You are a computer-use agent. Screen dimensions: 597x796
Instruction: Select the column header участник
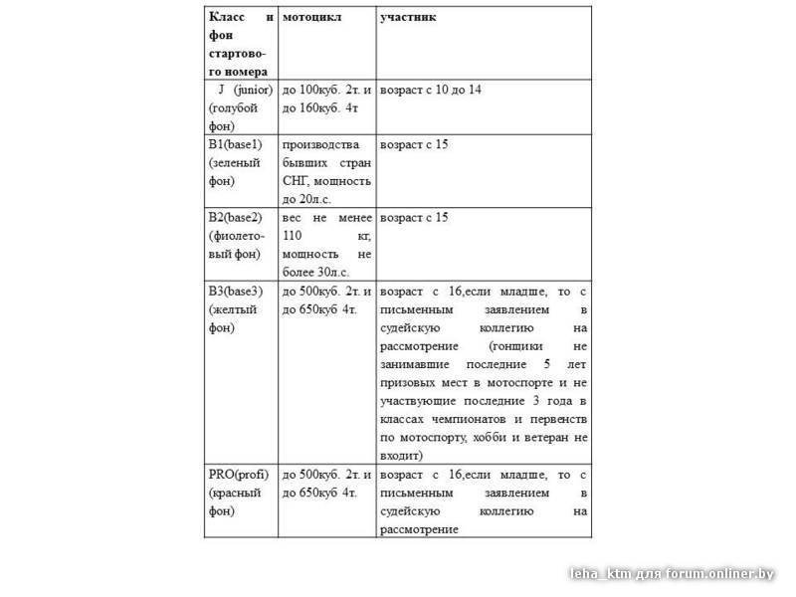tap(408, 18)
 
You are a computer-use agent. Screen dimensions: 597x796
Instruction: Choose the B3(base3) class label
tap(235, 291)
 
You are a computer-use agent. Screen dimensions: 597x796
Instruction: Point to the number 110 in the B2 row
tap(294, 236)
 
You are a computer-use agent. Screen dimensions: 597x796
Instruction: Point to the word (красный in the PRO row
tap(235, 493)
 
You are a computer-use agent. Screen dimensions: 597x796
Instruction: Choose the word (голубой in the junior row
tap(234, 108)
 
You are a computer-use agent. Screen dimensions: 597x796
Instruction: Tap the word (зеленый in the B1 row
tap(235, 162)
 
